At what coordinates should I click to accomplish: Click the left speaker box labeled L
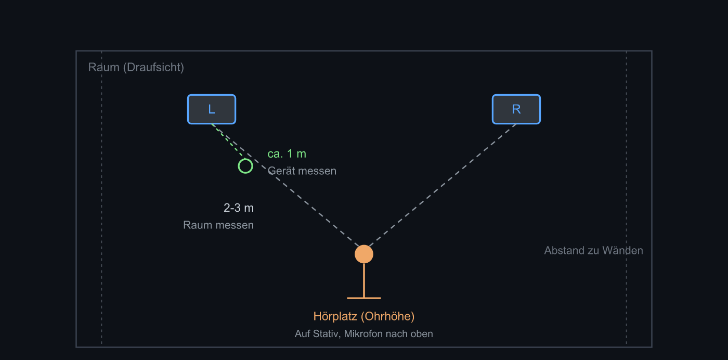pos(212,109)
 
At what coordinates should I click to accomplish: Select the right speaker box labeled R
pos(516,109)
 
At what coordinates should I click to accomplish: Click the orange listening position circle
pos(364,254)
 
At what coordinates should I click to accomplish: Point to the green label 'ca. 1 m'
pos(287,154)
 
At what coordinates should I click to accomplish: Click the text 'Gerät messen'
pos(302,171)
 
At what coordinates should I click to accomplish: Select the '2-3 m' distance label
pos(239,208)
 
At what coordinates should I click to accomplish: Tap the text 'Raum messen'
pos(218,225)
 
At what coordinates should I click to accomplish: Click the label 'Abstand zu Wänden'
pos(593,250)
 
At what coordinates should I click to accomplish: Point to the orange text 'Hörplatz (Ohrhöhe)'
pos(364,316)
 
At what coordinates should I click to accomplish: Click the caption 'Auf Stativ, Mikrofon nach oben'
pos(364,334)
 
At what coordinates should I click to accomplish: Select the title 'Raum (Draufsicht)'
pos(136,67)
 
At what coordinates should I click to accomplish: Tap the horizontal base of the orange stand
pos(364,298)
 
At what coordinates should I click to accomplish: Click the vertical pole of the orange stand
pos(364,280)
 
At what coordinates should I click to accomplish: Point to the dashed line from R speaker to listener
pos(443,185)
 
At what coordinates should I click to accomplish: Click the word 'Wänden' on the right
pos(623,250)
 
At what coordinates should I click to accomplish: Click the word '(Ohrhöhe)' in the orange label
pos(387,316)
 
